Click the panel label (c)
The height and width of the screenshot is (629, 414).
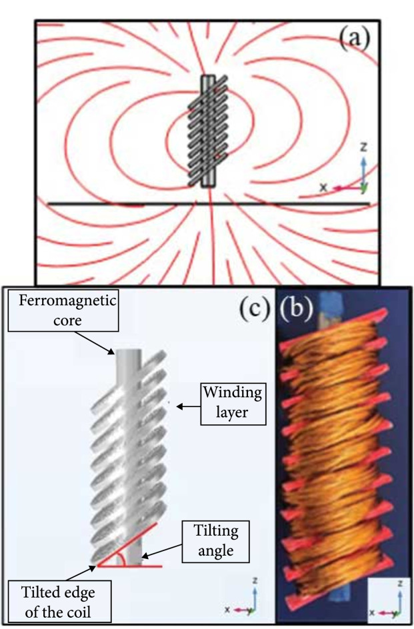point(255,308)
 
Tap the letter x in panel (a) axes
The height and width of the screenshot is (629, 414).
point(323,188)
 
